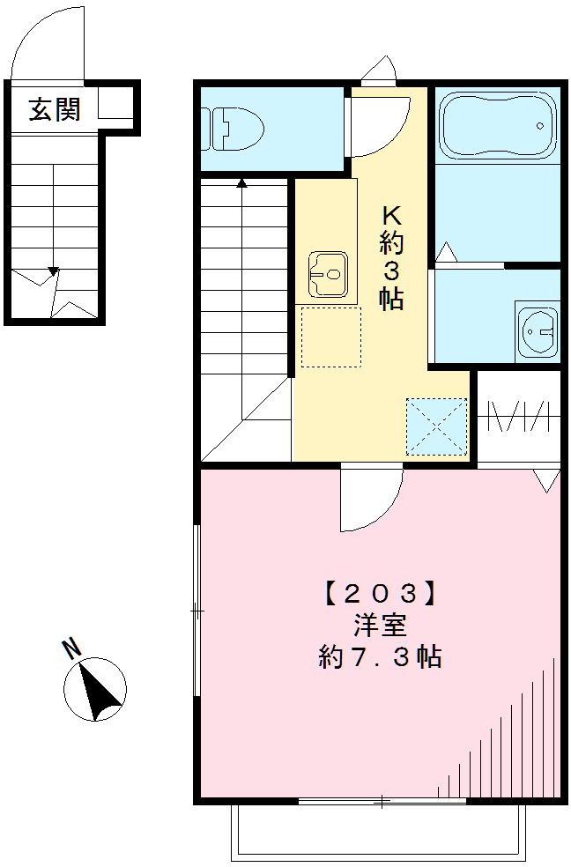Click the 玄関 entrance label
(x=55, y=110)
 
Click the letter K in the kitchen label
(x=390, y=215)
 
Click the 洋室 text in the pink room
(x=380, y=626)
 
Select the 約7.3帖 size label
(x=380, y=657)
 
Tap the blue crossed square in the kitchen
(x=436, y=426)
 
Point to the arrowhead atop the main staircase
(x=242, y=184)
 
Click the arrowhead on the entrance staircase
(x=54, y=272)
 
